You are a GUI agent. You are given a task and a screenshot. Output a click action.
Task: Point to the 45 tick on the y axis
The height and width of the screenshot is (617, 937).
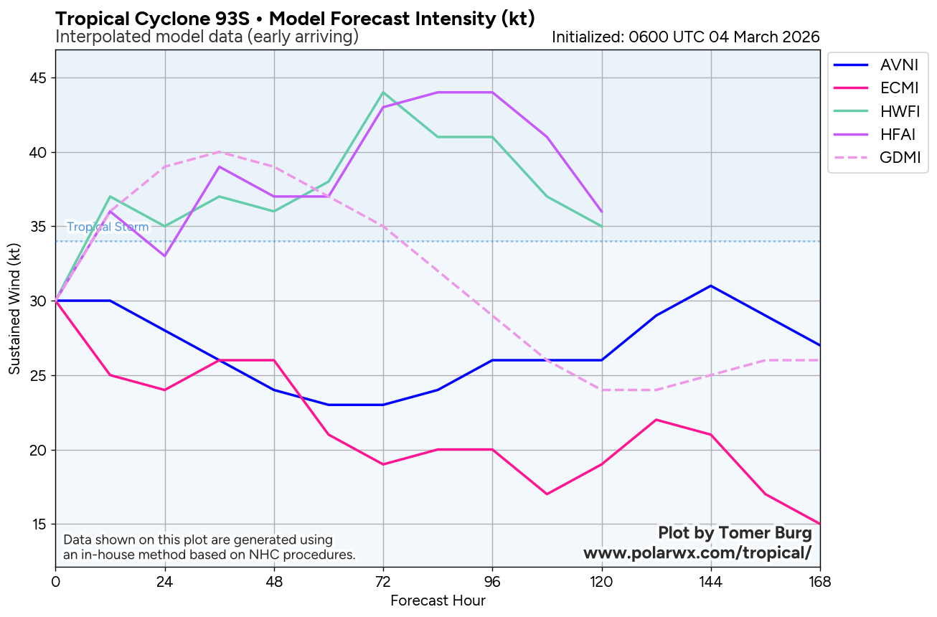39,78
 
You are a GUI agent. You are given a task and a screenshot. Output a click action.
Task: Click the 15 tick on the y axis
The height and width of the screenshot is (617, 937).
39,524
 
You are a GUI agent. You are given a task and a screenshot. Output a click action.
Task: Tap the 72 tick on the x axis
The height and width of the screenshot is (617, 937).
383,581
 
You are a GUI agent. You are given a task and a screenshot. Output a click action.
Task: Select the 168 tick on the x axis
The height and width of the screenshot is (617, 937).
819,581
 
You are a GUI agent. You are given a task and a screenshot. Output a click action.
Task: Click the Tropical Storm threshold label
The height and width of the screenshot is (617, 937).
108,227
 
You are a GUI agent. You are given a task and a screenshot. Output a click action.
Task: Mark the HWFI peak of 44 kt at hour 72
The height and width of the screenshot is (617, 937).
383,93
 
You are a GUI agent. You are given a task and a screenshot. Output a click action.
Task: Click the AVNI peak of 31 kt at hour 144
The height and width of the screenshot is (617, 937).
710,286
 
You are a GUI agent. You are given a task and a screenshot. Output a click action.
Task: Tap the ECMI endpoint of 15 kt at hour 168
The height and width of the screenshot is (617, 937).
819,524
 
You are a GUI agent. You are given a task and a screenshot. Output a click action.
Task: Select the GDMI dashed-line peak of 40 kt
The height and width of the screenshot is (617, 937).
220,152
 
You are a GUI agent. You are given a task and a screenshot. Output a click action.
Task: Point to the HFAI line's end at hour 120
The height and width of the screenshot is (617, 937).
601,212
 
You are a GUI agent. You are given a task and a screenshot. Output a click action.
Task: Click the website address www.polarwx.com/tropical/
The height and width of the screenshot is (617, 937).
697,553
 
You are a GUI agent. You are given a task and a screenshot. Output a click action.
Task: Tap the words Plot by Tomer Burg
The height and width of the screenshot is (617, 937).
735,533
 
